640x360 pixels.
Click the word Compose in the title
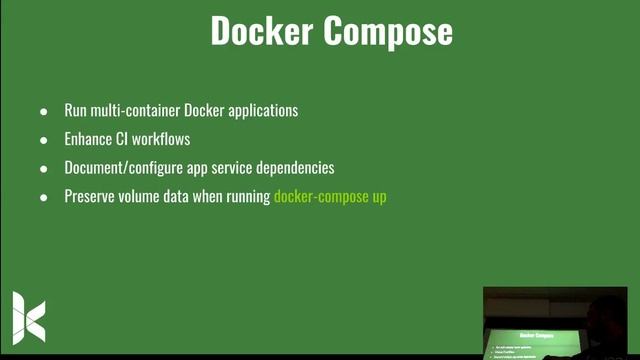[388, 32]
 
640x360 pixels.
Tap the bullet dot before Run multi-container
[43, 111]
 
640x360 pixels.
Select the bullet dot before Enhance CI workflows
[43, 140]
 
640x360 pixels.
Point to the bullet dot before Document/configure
[43, 169]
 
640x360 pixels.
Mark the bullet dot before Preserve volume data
[43, 198]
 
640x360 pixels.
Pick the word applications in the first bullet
[261, 111]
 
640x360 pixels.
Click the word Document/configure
[121, 168]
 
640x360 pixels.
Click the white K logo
[29, 317]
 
